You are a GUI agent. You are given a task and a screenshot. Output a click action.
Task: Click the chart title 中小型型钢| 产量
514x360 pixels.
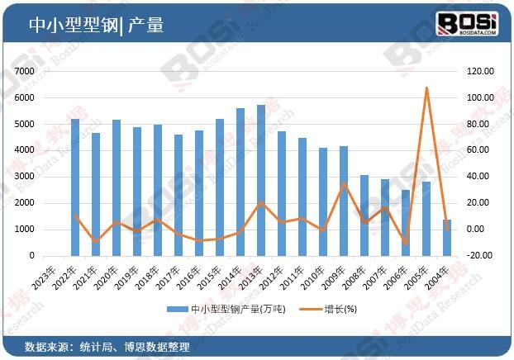pyautogui.click(x=97, y=25)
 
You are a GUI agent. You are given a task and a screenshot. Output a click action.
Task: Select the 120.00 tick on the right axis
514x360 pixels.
pyautogui.click(x=481, y=72)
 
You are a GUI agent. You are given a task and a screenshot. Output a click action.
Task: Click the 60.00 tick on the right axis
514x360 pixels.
pyautogui.click(x=481, y=150)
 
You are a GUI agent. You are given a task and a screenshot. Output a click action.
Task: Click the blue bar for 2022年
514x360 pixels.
pyautogui.click(x=75, y=187)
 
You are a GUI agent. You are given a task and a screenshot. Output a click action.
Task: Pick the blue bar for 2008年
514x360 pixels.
pyautogui.click(x=364, y=216)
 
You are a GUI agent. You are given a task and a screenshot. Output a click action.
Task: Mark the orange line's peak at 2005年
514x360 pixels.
pyautogui.click(x=426, y=88)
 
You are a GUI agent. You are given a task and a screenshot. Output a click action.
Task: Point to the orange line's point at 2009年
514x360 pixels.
pyautogui.click(x=344, y=183)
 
